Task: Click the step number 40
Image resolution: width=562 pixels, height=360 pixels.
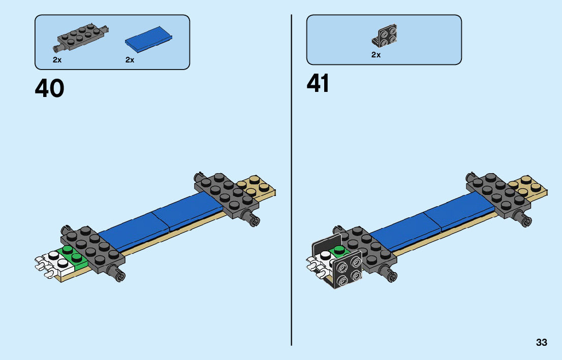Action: (49, 88)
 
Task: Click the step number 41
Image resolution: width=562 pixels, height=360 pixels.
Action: (318, 84)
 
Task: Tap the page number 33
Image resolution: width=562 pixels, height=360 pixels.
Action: (541, 343)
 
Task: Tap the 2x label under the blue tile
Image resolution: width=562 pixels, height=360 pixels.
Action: (130, 60)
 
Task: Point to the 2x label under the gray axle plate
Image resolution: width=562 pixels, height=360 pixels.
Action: (56, 60)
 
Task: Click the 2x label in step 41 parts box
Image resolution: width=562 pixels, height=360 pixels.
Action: (376, 55)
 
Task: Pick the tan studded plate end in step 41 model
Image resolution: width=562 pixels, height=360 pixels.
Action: (530, 186)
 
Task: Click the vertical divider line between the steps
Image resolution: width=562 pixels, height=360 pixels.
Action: (291, 178)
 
